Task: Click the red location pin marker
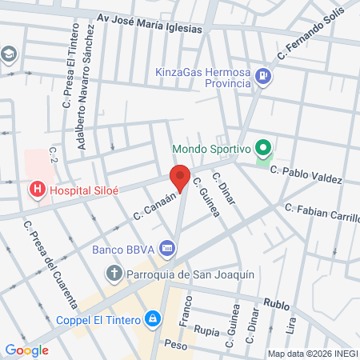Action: click(180, 178)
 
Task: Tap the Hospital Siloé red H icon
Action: click(36, 190)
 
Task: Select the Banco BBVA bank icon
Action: click(166, 248)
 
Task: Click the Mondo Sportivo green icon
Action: click(261, 148)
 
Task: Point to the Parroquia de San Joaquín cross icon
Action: click(114, 274)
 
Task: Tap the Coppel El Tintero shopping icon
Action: click(151, 318)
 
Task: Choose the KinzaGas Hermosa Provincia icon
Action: click(266, 78)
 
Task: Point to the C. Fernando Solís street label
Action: click(311, 36)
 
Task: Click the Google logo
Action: click(26, 350)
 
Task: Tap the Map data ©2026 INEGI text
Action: click(312, 354)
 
